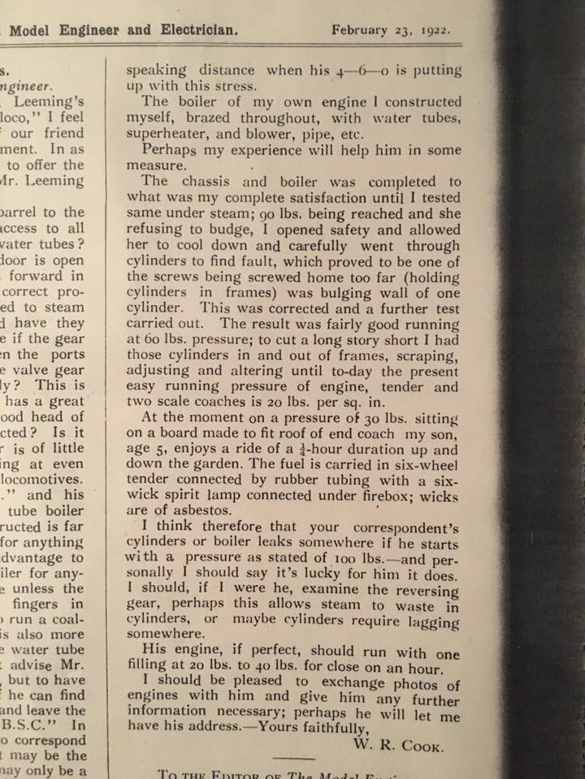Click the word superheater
pyautogui.click(x=164, y=134)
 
